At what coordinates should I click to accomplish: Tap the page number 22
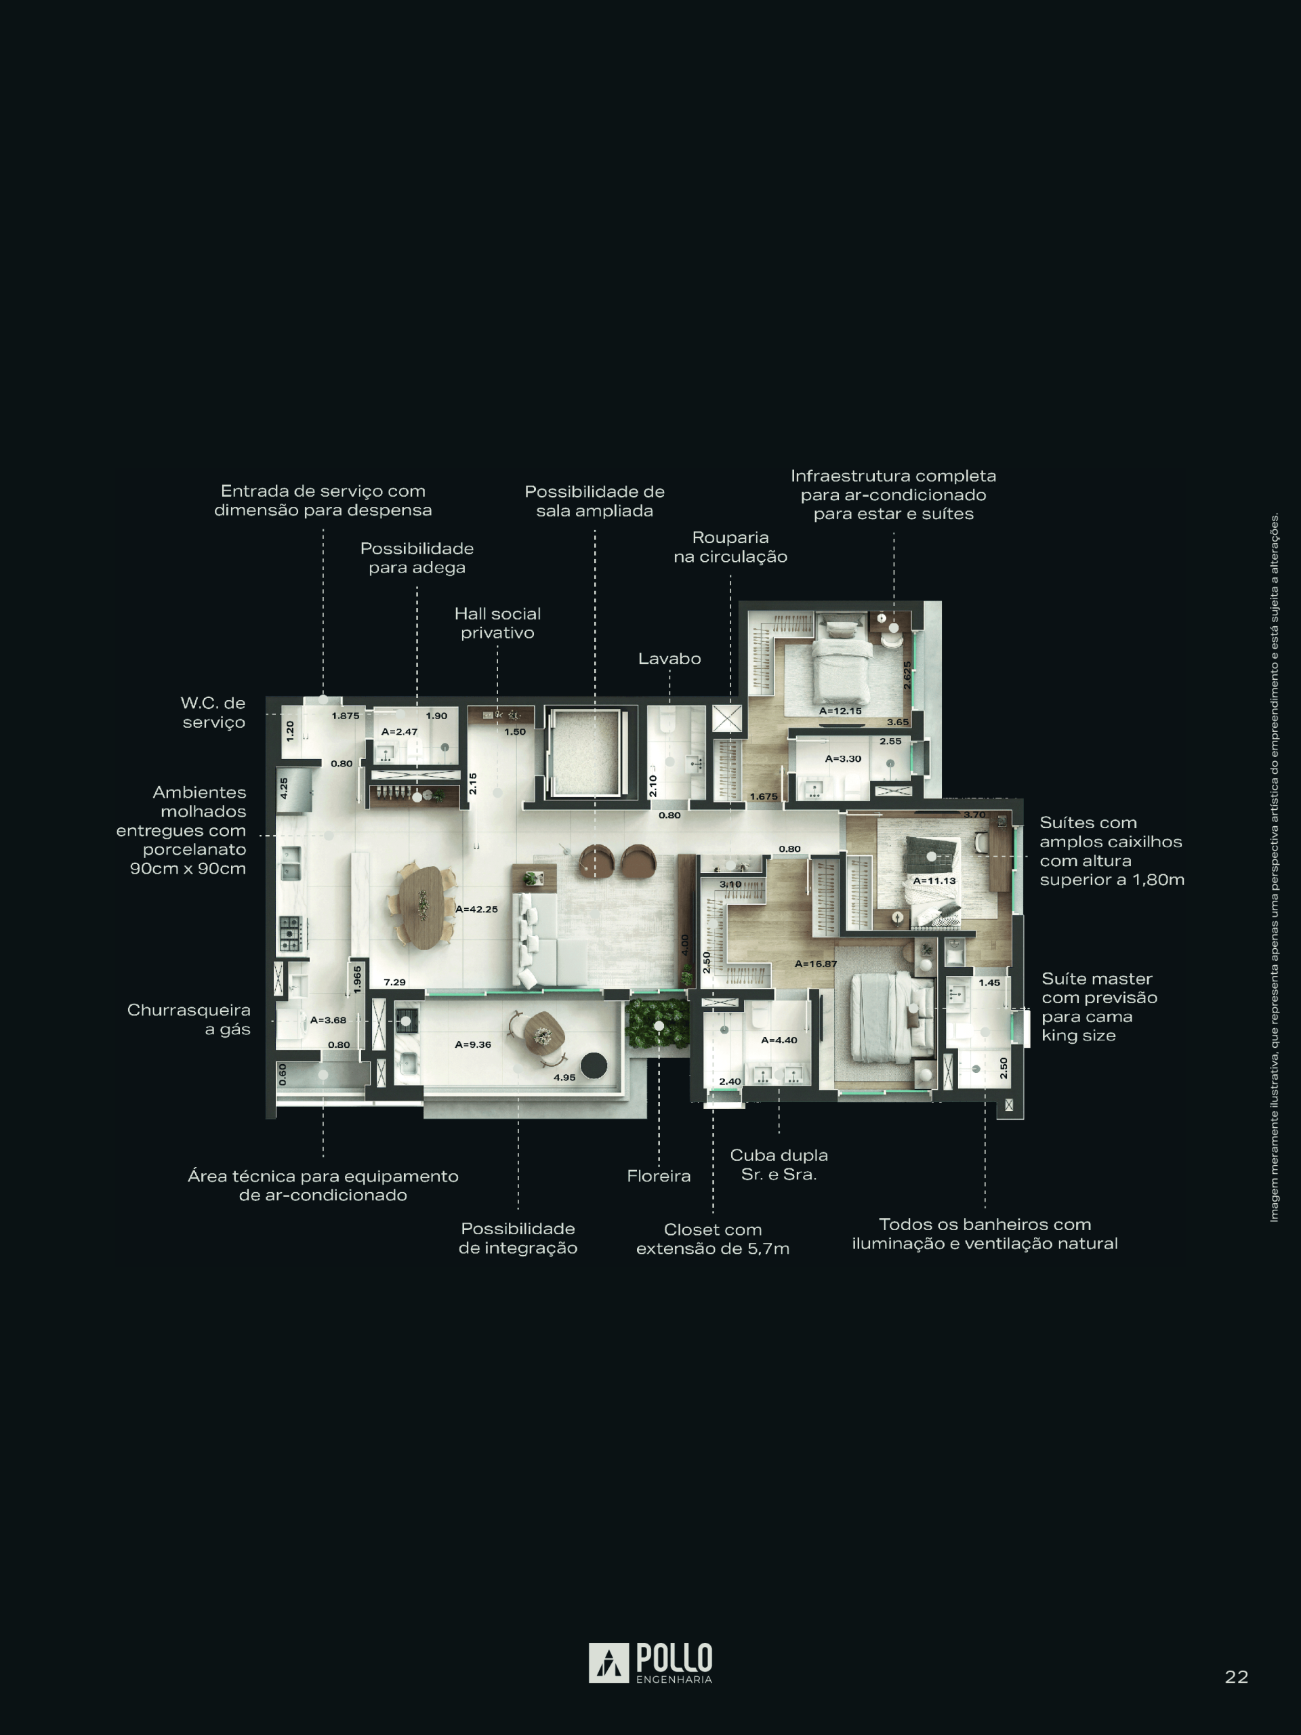click(1236, 1677)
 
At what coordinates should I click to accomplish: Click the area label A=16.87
click(816, 964)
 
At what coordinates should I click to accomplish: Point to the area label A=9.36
click(473, 1045)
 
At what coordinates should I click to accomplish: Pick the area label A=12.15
click(840, 712)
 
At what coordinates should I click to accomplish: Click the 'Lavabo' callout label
click(669, 659)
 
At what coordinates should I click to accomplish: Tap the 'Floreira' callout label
click(659, 1176)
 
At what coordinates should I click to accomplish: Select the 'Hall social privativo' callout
click(497, 623)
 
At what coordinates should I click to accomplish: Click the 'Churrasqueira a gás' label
click(189, 1020)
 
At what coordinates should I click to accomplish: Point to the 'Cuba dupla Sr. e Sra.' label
click(779, 1165)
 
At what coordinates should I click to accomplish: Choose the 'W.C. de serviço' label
click(213, 712)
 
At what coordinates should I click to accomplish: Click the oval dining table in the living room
click(424, 907)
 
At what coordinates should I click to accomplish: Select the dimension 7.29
click(394, 982)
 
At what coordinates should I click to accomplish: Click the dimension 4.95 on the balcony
click(564, 1078)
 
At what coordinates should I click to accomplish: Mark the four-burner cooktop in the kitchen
click(290, 933)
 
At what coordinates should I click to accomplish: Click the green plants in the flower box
click(657, 1024)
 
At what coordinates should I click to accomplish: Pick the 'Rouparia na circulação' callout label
click(730, 547)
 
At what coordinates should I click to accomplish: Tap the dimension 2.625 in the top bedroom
click(907, 675)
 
